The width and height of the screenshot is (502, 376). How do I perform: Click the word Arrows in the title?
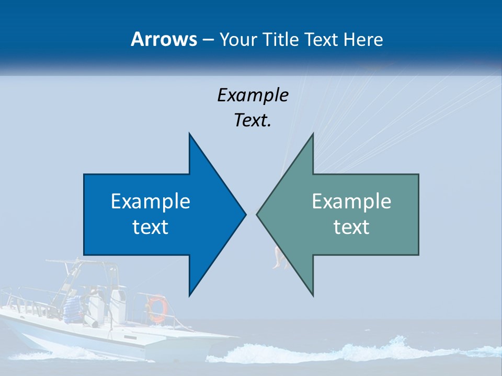tap(163, 39)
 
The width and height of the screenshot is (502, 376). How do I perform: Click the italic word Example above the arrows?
tap(253, 95)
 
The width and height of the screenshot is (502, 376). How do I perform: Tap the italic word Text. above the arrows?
tap(253, 120)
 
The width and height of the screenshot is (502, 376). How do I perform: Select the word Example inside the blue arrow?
tap(150, 201)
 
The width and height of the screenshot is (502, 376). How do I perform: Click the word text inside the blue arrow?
tap(150, 227)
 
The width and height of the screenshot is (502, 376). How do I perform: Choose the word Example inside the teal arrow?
tap(351, 201)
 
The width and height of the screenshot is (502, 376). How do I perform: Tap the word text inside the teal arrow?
tap(351, 227)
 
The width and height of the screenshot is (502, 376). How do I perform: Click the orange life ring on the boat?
tap(156, 308)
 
